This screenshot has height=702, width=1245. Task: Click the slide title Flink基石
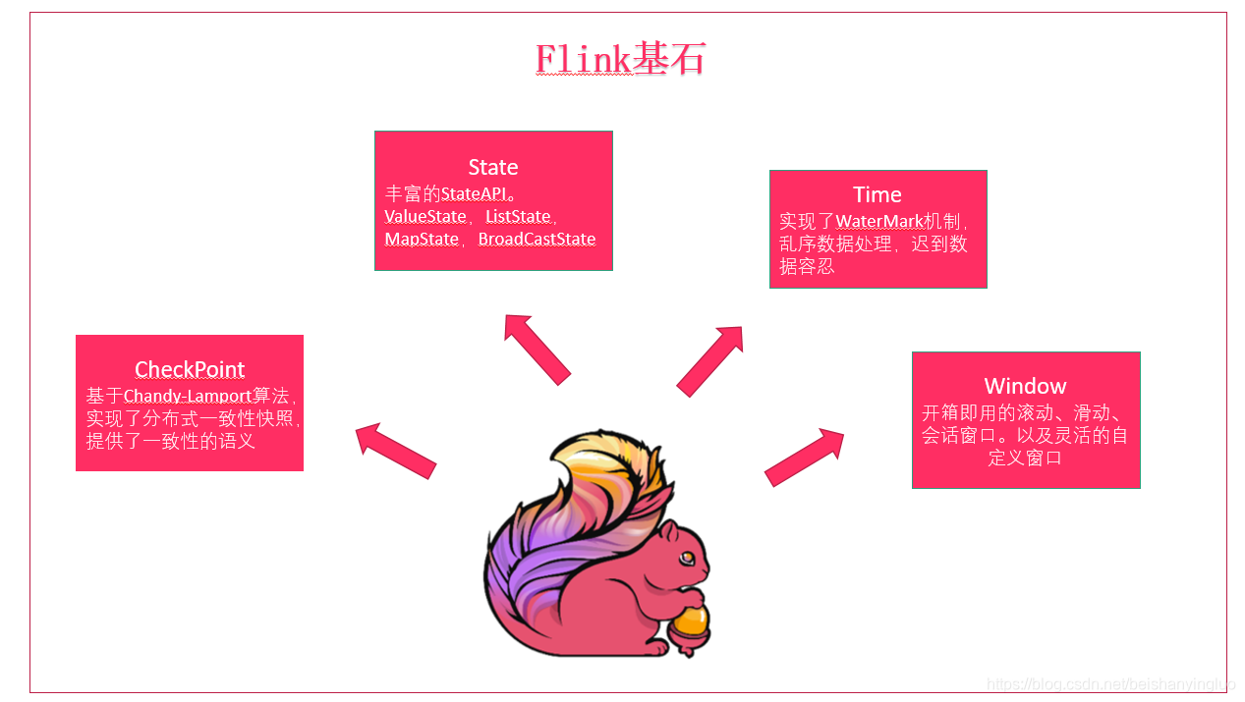point(620,60)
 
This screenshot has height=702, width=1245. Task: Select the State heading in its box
point(493,167)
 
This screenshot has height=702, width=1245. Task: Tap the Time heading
point(877,194)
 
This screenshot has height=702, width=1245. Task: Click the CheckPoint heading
point(190,369)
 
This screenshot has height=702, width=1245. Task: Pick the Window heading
point(1025,386)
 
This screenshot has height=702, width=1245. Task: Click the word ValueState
point(425,216)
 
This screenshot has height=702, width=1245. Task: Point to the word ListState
point(518,216)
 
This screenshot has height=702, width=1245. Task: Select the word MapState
point(422,239)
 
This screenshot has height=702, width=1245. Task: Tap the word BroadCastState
point(537,239)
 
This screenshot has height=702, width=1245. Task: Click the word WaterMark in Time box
point(879,222)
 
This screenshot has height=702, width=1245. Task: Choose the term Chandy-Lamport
point(188,396)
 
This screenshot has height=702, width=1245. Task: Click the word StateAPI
point(474,193)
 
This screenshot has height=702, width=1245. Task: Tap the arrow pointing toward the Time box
point(709,360)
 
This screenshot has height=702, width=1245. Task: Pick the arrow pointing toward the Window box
point(805,458)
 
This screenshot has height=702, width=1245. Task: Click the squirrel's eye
point(688,558)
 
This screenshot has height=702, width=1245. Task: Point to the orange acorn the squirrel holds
point(692,621)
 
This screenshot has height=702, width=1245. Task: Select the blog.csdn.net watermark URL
point(1109,684)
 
